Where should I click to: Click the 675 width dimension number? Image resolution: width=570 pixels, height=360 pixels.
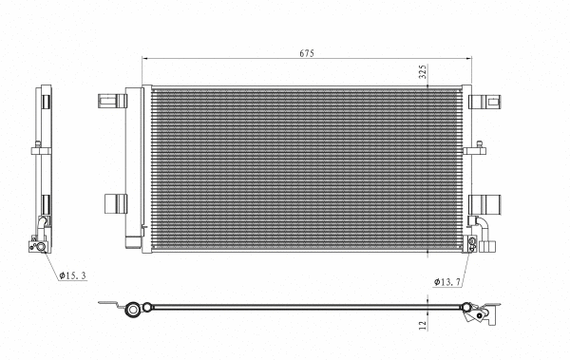[307, 53]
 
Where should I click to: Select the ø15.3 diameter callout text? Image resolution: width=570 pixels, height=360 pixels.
[73, 276]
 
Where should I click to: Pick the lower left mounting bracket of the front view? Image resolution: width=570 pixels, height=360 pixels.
[114, 201]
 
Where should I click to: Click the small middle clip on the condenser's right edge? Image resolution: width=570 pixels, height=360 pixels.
[473, 149]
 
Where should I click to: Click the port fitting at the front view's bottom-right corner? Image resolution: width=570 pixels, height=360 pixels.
[471, 246]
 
